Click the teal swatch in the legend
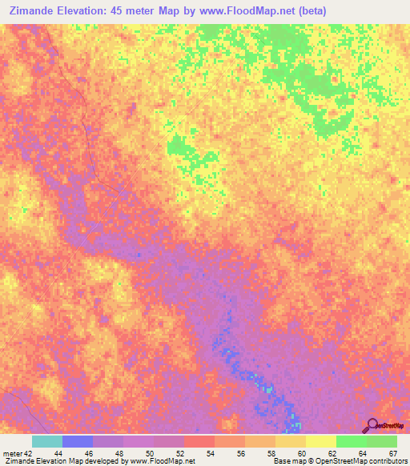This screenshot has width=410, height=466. (47, 441)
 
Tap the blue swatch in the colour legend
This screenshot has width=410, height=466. (78, 441)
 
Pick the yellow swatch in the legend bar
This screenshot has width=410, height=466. (321, 441)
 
